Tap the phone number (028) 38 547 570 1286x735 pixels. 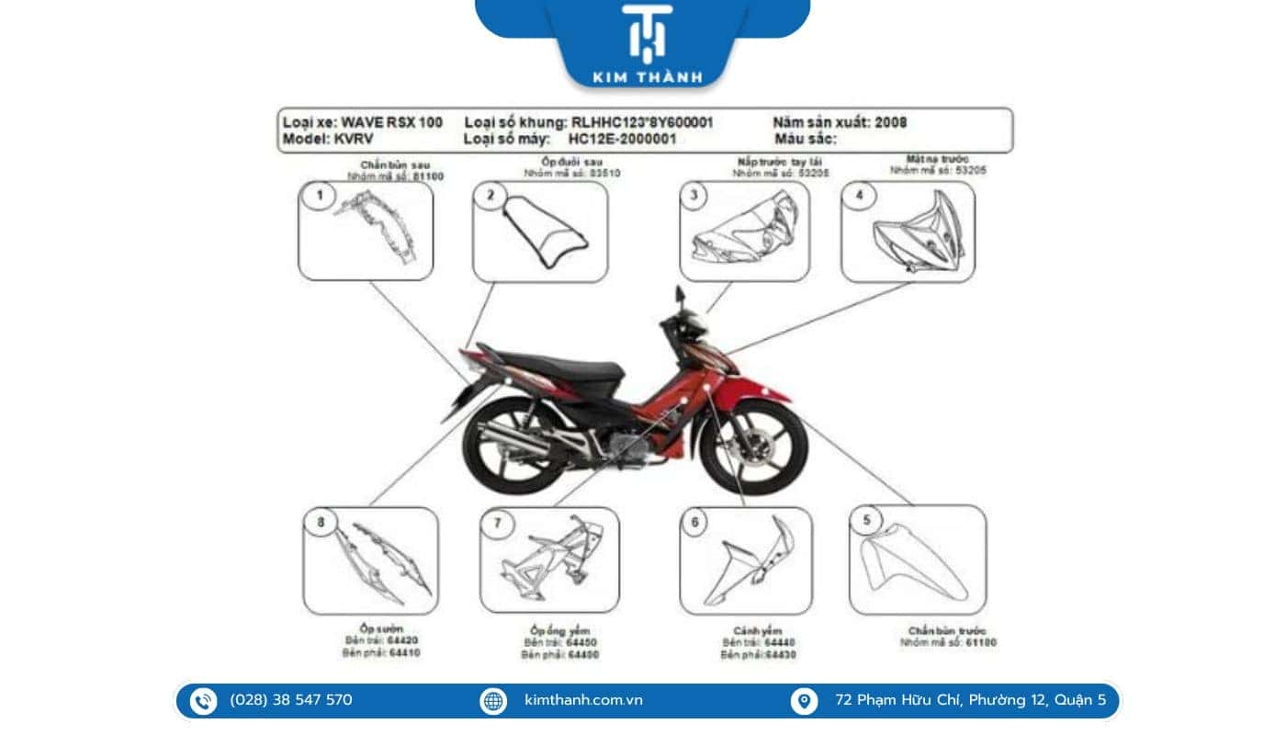tap(290, 700)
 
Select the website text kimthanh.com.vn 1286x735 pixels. tap(583, 700)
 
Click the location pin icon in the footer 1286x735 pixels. tap(804, 701)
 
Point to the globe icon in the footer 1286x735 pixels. tap(493, 701)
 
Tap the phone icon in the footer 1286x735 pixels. tap(203, 701)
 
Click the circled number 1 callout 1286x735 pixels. tap(320, 195)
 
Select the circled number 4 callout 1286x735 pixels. tap(860, 195)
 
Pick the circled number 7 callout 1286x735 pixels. tap(497, 524)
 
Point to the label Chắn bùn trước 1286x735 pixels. tap(947, 630)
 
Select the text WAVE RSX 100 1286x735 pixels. tap(392, 122)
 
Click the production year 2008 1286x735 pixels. tap(891, 122)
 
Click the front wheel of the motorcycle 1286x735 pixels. tap(753, 447)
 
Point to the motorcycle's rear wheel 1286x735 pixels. tap(504, 447)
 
